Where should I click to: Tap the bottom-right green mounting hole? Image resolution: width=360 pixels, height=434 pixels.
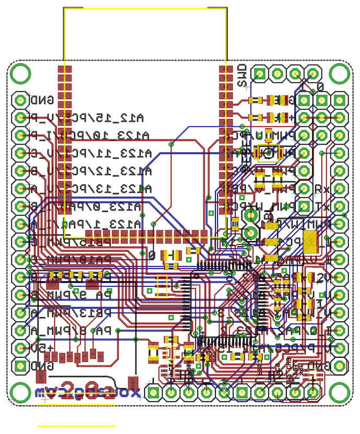pos(340,392)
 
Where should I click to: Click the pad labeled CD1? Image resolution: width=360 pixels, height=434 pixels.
pos(52,284)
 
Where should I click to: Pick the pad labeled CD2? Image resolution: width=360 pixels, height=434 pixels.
pos(92,284)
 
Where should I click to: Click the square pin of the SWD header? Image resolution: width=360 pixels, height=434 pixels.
pos(259,74)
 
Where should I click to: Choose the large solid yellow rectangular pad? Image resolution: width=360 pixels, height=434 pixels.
pos(310,241)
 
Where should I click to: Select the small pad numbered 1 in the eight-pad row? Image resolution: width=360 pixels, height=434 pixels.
pos(101,356)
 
